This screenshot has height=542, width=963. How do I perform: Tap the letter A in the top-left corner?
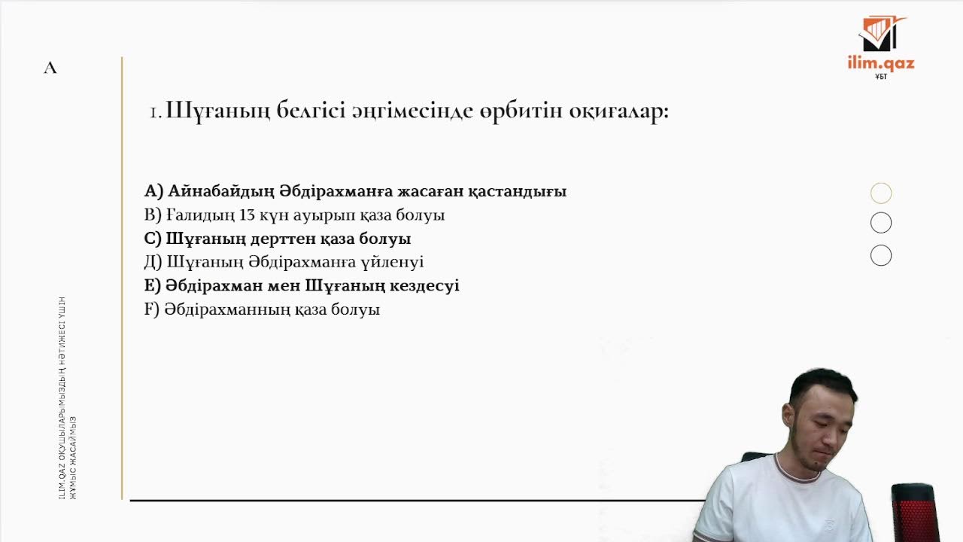point(50,68)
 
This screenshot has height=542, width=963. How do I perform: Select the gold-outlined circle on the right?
point(881,193)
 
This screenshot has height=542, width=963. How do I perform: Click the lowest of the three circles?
point(881,256)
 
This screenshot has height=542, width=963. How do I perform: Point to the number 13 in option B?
point(247,215)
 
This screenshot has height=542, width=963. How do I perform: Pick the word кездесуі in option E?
point(424,286)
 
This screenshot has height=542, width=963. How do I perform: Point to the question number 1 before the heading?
point(153,113)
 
